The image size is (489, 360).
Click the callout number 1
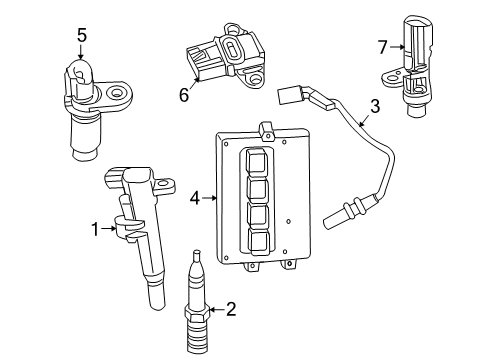95,229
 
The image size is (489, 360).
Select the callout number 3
374,107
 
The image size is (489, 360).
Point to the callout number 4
196,198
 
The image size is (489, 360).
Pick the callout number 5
81,35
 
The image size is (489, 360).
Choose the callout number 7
381,46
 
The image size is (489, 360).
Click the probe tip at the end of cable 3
336,213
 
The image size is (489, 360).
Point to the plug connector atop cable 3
292,94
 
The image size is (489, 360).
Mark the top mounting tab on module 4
265,129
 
